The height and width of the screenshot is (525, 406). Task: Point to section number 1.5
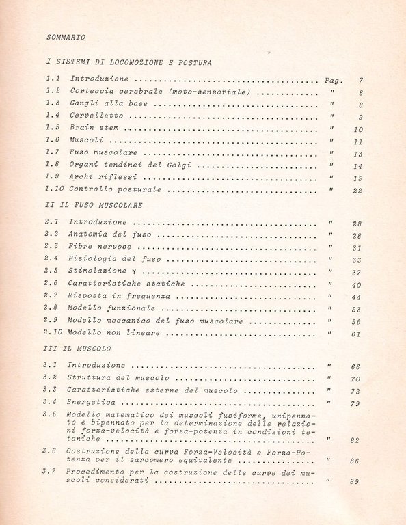pos(53,128)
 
